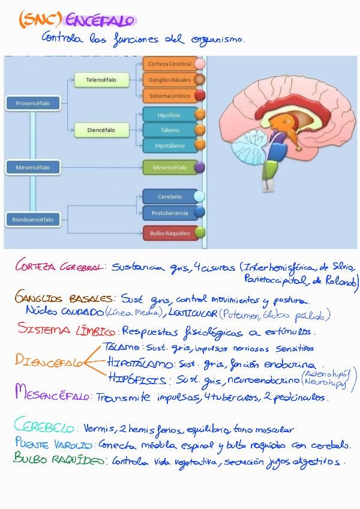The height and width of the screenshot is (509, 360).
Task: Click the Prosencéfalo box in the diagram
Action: point(32,103)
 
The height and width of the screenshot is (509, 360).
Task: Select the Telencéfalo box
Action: point(101,79)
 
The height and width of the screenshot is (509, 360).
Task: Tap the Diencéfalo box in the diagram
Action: point(101,130)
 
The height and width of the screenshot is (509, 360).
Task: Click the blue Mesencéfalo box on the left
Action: point(32,167)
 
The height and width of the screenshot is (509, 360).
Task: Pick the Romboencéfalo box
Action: point(32,220)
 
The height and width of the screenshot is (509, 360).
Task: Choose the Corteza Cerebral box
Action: point(170,64)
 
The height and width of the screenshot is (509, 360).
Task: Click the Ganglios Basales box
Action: point(170,79)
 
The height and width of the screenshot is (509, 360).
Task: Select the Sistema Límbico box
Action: point(170,95)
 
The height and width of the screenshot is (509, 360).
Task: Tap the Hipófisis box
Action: point(169,114)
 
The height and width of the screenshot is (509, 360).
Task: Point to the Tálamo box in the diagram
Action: point(169,130)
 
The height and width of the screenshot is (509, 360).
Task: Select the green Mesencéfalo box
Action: point(170,167)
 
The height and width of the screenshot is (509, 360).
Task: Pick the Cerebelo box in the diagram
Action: point(170,196)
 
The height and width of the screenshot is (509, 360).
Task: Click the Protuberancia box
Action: point(170,212)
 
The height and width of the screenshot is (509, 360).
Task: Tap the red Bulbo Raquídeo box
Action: point(170,233)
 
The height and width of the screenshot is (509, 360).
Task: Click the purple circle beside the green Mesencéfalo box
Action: point(200,167)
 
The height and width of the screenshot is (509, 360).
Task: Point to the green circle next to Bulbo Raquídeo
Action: point(200,232)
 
